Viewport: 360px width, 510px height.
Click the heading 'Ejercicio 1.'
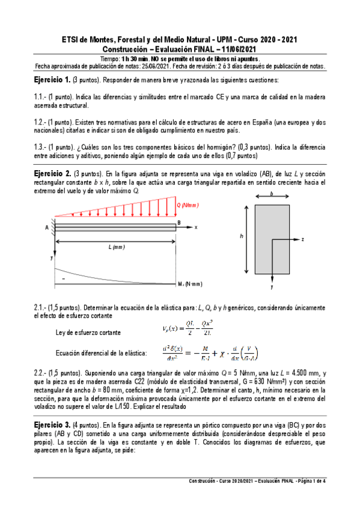51,81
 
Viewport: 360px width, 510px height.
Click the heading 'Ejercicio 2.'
52,174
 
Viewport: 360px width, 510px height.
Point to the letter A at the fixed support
46,227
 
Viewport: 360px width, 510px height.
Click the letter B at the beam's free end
178,223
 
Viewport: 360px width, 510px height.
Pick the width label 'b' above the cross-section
272,194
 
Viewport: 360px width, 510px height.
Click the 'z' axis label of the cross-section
302,239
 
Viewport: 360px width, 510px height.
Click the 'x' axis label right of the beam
195,227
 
